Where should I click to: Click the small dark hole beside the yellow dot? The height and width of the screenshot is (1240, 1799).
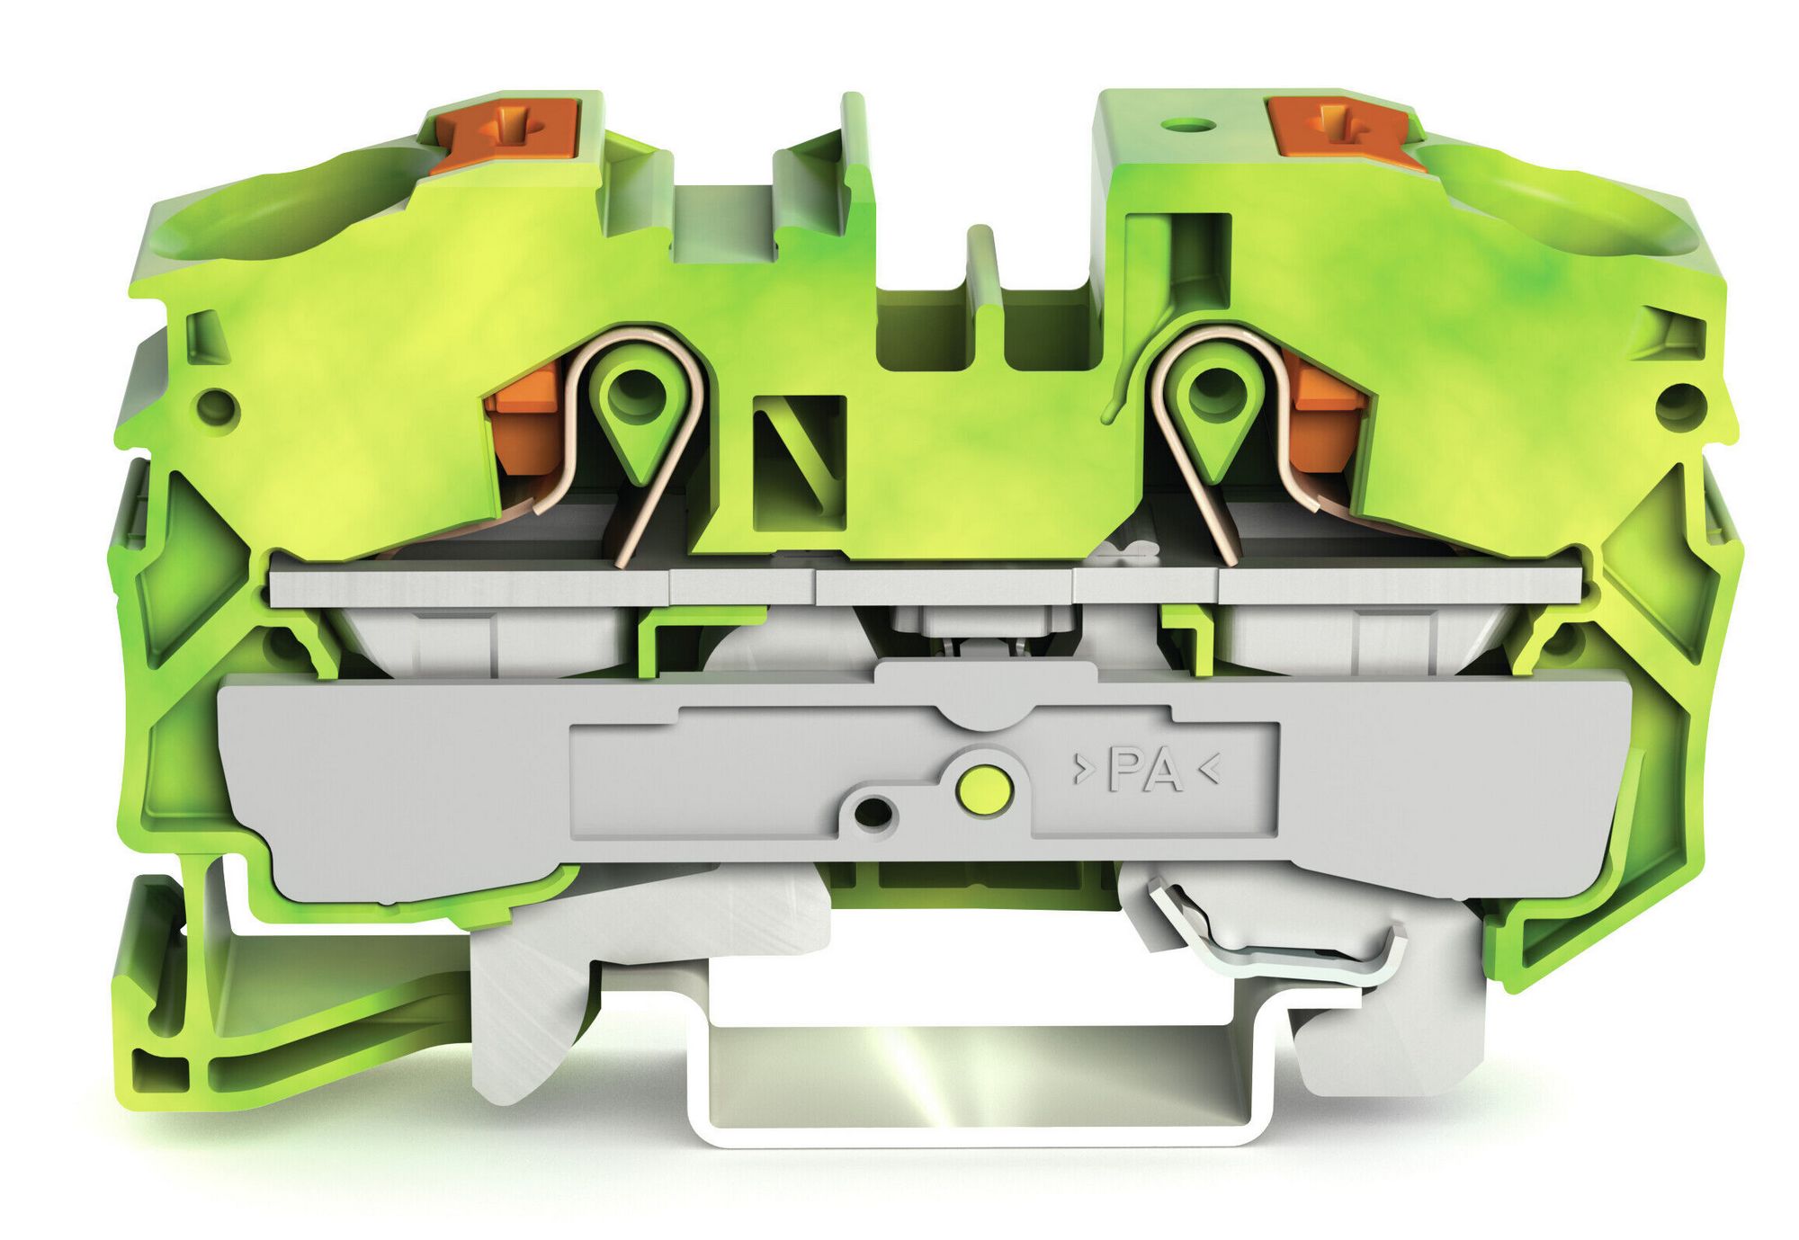point(871,814)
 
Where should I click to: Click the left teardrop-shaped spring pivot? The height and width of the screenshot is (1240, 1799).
point(636,403)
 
